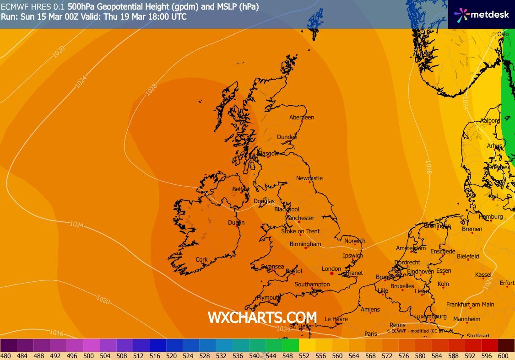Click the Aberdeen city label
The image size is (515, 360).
coord(302,118)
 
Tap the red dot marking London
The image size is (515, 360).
coord(332,274)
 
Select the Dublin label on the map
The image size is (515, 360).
coord(236,223)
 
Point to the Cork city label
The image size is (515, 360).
coord(201,259)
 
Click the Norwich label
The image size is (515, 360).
coord(355,241)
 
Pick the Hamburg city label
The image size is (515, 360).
coord(491,217)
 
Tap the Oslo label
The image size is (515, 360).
coord(503,34)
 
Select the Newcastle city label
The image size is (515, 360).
coord(309,178)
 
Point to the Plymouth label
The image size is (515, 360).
coord(269,298)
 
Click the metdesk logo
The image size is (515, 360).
coord(482,14)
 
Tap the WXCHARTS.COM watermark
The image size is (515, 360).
coord(262,317)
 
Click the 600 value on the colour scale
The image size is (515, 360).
coord(503,355)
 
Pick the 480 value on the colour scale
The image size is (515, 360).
coord(5,355)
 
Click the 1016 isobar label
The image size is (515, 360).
coord(56,333)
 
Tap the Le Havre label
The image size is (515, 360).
coord(336,319)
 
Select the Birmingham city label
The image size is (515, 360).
coord(305,244)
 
